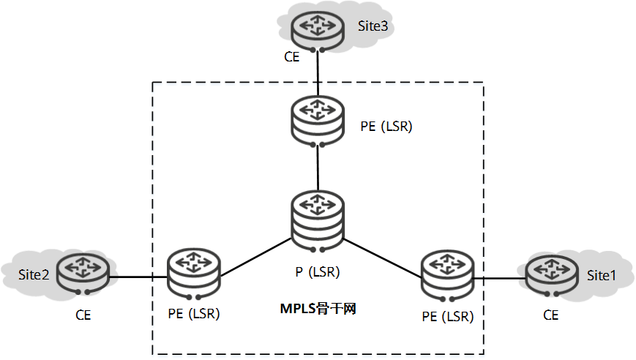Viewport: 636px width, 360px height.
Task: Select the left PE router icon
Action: coord(193,274)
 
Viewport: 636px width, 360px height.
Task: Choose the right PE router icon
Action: coord(448,275)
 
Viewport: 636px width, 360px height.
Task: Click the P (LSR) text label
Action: coord(317,272)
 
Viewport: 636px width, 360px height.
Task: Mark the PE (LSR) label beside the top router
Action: coord(386,126)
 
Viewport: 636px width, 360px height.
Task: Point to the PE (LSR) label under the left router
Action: coord(194,315)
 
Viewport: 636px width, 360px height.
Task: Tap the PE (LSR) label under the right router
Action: coord(448,317)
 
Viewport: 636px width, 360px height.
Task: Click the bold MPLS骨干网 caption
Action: coord(318,308)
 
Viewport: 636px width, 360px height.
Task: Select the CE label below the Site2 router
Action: coord(83,315)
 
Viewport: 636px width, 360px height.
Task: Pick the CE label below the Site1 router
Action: coord(550,315)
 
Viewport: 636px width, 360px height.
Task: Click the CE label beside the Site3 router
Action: coord(292,56)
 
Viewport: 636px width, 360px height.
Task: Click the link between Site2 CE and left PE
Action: coord(138,277)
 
